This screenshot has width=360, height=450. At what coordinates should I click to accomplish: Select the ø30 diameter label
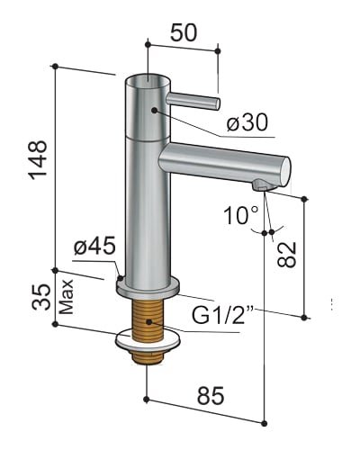248,121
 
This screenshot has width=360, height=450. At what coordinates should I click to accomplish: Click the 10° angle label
242,214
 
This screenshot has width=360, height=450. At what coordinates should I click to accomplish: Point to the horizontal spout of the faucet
225,163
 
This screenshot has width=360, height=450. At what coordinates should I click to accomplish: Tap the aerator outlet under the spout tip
261,185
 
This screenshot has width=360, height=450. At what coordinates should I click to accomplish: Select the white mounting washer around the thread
147,343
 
